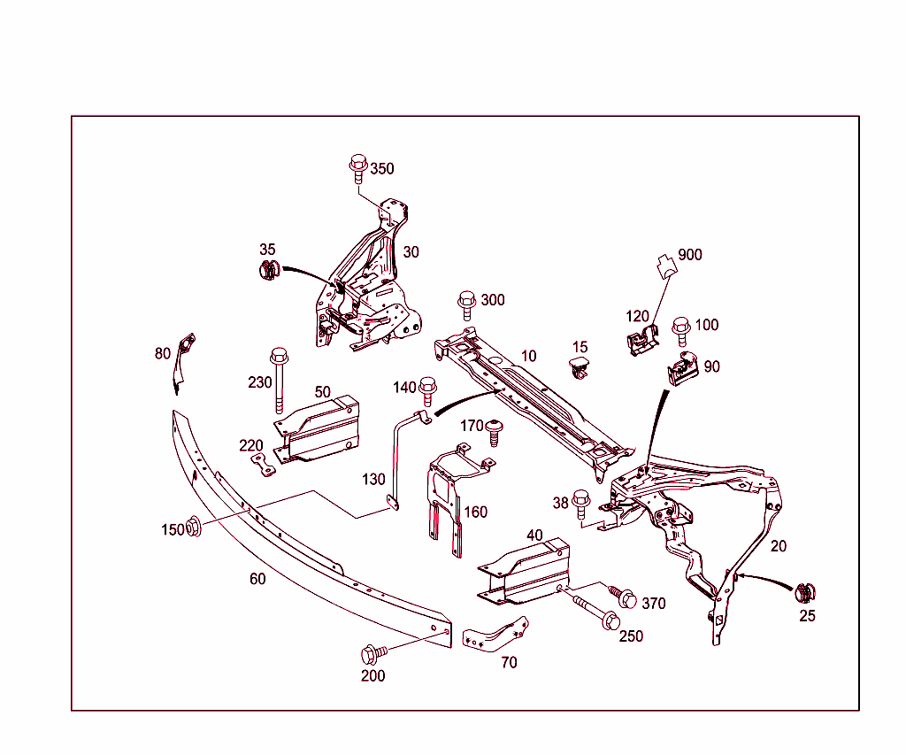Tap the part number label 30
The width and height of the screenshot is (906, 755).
click(411, 252)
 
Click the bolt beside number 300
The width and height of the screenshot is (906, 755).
click(466, 305)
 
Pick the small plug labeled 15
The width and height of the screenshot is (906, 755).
click(579, 367)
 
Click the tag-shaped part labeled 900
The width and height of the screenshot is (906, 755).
click(664, 266)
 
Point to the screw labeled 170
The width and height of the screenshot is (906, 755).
click(495, 434)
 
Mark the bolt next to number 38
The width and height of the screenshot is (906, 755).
click(581, 504)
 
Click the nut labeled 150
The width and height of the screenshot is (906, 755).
click(195, 528)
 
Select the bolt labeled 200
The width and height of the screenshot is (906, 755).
click(372, 655)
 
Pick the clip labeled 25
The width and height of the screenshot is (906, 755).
click(805, 594)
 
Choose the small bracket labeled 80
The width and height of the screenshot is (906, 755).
click(183, 360)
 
